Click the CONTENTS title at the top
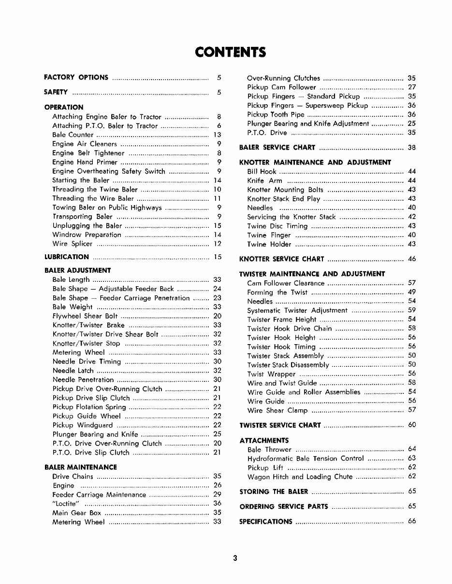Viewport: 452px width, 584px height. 230,52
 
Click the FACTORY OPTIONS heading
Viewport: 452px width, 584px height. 76,77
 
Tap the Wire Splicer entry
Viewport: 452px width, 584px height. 72,244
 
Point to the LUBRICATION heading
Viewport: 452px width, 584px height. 66,257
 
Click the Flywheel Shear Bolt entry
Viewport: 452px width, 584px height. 85,316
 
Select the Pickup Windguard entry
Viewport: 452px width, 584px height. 83,425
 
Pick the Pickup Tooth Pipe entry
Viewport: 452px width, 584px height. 276,114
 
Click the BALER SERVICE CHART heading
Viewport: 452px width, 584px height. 277,148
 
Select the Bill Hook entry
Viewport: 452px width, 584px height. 262,171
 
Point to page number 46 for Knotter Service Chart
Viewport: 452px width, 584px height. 412,259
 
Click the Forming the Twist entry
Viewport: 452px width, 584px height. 277,292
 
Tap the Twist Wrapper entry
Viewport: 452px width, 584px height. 271,374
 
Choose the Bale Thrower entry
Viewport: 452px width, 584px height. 269,449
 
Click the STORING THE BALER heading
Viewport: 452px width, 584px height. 274,492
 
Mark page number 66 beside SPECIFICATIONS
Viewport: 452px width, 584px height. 412,521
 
